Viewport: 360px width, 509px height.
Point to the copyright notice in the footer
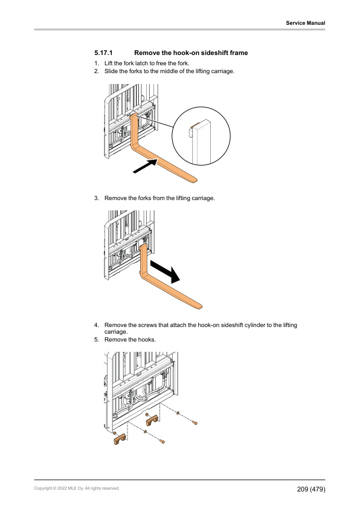tap(76, 488)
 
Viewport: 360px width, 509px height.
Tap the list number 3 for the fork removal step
tap(96, 198)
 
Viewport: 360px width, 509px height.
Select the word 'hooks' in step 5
tap(146, 340)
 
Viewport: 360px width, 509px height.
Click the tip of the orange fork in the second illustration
tap(200, 305)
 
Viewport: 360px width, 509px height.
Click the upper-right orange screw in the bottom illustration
tap(194, 423)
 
